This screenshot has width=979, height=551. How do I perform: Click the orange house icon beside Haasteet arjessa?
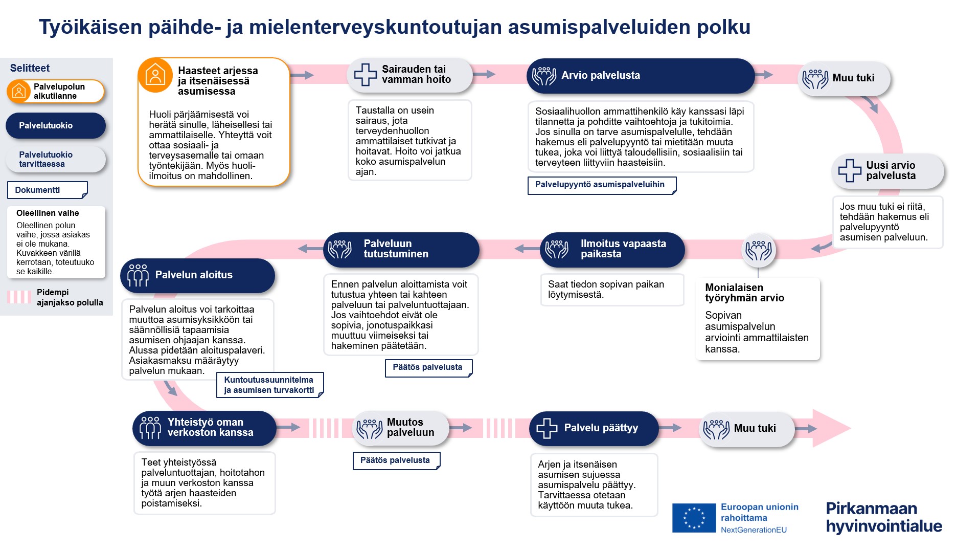(155, 75)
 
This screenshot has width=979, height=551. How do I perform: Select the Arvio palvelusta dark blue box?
(640, 76)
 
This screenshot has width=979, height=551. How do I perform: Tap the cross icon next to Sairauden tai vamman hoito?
(365, 75)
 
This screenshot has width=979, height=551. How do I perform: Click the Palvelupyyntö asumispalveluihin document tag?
(601, 185)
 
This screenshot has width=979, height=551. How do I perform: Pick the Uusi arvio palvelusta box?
(887, 171)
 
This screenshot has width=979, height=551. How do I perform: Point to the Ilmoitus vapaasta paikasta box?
(612, 249)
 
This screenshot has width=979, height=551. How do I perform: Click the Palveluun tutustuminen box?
(401, 249)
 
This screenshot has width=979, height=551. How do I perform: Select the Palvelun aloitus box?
(197, 275)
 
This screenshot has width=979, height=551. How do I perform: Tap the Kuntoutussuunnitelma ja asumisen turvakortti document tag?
(269, 385)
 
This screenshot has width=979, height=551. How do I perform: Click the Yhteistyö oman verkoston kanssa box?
(204, 428)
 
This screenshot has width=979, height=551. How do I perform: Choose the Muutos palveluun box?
(401, 428)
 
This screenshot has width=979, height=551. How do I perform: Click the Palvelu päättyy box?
(594, 428)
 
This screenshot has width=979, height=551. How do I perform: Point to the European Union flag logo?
(694, 518)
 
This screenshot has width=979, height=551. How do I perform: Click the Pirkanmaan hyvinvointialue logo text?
(883, 517)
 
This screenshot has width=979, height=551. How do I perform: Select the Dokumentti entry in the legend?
(47, 190)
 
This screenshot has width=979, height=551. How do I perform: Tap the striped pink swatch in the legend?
(19, 297)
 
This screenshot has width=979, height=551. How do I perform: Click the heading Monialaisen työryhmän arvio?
(744, 293)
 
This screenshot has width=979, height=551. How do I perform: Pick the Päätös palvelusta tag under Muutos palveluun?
(396, 460)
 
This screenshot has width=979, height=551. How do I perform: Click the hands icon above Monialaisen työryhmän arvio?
(758, 250)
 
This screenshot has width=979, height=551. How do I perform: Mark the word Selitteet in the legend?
(30, 68)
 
